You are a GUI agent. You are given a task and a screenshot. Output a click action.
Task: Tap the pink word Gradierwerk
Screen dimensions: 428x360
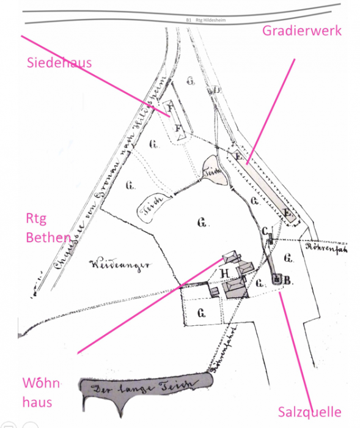(301, 30)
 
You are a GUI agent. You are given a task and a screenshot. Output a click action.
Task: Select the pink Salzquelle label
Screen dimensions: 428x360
(309, 411)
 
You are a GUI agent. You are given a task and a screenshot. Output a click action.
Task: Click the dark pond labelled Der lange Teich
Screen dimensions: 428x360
(144, 389)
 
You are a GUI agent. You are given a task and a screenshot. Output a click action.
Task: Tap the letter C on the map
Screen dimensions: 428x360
(265, 231)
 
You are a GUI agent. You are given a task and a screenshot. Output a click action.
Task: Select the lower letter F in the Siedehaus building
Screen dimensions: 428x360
(178, 129)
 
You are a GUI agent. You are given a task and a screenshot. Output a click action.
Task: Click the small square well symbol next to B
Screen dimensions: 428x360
(277, 279)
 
